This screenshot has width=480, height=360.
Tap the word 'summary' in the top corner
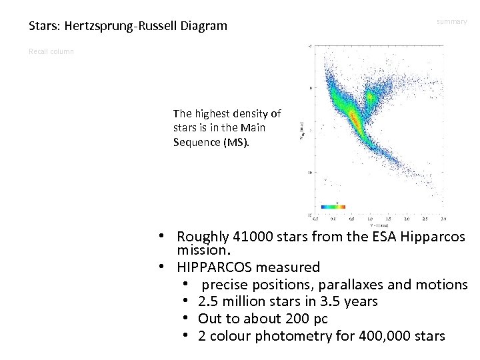click(452, 22)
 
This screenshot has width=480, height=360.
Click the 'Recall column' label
click(51, 51)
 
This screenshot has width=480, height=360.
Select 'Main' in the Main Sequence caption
click(261, 129)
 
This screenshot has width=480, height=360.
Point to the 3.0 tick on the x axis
click(443, 218)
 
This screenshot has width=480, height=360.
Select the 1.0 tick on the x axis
click(369, 218)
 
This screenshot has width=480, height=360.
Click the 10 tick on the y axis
click(309, 172)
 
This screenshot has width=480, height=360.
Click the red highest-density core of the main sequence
click(355, 121)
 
